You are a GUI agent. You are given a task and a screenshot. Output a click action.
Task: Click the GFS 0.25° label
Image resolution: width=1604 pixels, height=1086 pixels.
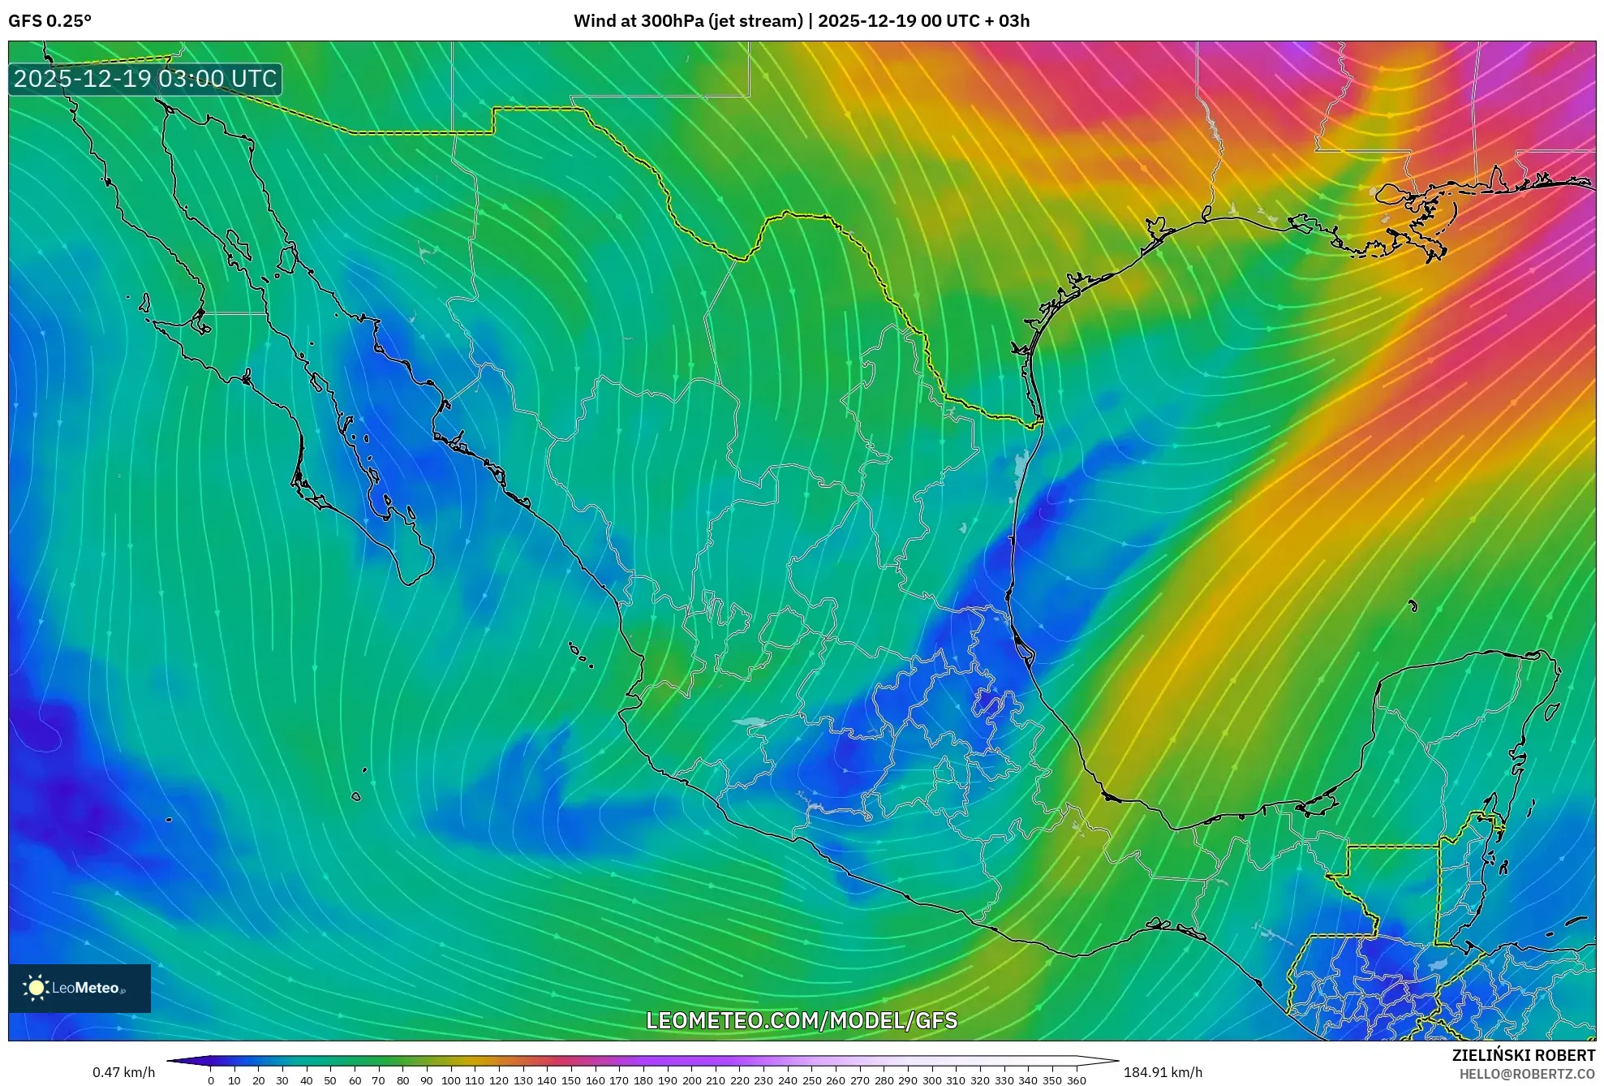49,21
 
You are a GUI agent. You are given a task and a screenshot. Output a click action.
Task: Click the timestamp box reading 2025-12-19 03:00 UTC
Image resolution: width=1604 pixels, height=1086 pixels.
145,79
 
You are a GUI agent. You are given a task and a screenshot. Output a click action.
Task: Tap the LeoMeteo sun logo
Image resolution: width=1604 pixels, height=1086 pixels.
36,987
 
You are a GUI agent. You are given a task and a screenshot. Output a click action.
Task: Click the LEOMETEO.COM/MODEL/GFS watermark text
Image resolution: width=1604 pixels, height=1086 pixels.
802,1020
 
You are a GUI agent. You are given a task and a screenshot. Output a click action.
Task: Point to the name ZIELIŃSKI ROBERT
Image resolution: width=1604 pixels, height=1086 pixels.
1523,1055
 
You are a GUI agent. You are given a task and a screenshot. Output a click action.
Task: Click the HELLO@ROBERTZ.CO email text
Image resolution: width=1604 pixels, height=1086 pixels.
1527,1074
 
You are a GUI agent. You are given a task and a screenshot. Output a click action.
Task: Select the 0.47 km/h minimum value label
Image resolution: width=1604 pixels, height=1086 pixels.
123,1072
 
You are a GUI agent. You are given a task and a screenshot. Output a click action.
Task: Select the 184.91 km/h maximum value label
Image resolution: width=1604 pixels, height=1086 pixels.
1163,1072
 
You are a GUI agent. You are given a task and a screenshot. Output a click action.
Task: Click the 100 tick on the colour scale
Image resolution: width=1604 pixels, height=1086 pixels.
450,1080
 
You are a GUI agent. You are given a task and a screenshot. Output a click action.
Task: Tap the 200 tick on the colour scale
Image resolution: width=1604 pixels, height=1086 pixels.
691,1080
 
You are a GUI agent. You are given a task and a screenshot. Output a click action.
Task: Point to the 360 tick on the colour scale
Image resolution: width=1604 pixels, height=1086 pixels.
1076,1080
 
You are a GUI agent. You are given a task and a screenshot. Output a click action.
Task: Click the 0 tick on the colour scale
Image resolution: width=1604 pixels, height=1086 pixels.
211,1080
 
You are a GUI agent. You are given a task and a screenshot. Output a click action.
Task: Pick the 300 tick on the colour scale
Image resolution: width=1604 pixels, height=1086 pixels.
931,1080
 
